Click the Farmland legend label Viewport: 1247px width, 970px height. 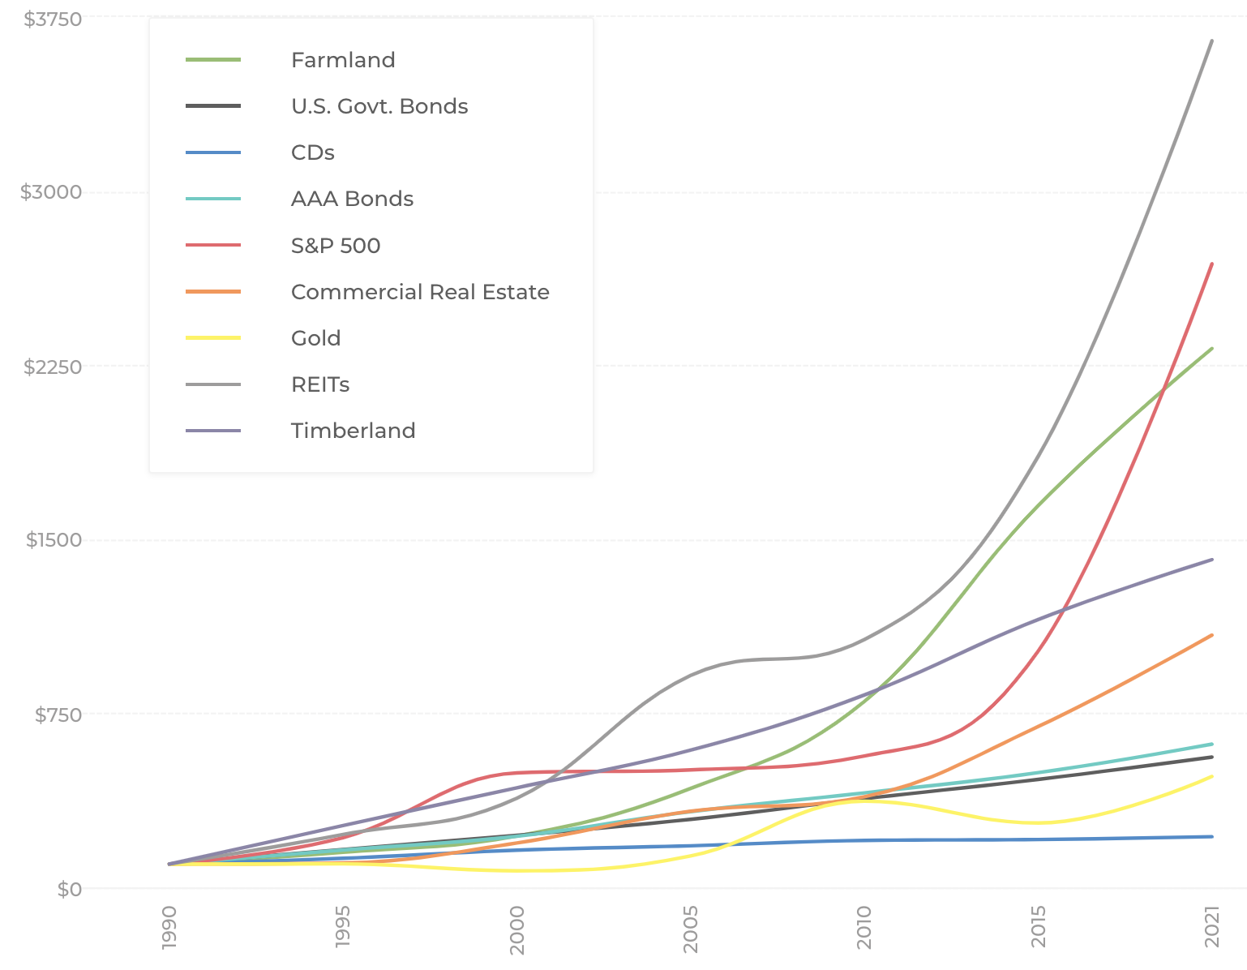[343, 60]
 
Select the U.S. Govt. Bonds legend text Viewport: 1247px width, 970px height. [379, 106]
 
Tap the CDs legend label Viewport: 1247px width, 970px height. [313, 152]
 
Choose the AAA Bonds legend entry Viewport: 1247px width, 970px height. [352, 199]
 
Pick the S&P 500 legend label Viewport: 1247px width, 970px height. [336, 246]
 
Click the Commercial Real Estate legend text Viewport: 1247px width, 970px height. [420, 292]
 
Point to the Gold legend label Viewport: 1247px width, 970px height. [315, 338]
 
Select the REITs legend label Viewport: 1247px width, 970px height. [320, 384]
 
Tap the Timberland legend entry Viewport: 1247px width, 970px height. [353, 431]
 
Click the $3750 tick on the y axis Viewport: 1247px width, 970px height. [54, 19]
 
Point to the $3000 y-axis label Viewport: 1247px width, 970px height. [51, 192]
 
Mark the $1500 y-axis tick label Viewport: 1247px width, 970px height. [54, 540]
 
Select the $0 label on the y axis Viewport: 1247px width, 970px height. [70, 889]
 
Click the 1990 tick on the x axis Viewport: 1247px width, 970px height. [169, 928]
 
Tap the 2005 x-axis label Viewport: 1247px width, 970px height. [691, 928]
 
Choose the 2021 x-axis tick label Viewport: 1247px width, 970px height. [1212, 928]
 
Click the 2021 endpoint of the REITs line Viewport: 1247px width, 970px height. [1212, 41]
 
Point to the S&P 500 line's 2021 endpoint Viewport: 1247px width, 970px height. [1212, 264]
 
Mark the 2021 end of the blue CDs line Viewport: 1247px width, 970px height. [1212, 836]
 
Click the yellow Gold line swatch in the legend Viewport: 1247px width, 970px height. [213, 338]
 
